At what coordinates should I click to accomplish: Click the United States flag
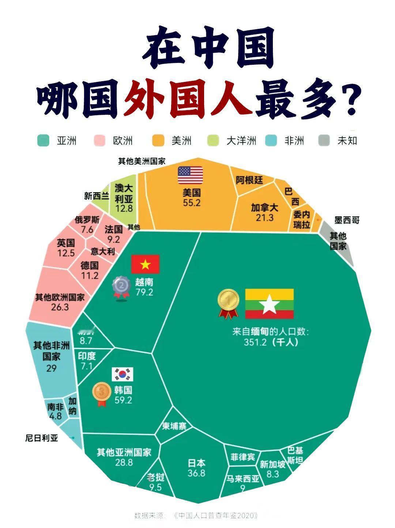pos(190,175)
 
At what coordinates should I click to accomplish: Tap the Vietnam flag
pos(145,264)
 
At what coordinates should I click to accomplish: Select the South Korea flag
pos(122,374)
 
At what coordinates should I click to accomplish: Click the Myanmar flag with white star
pos(269,304)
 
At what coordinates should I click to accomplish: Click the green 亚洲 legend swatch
pos(43,141)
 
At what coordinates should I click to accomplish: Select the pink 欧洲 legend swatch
pos(99,141)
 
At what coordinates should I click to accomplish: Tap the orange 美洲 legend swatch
pos(158,141)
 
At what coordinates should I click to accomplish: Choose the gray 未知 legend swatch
pos(324,141)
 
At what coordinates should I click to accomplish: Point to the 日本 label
pos(196,463)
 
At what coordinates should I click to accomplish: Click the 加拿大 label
pos(264,208)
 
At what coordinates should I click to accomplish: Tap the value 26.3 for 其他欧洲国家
pos(60,307)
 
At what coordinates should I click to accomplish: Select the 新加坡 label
pos(272,464)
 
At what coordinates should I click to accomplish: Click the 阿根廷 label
pos(249,180)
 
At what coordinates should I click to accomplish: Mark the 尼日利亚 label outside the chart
pos(42,438)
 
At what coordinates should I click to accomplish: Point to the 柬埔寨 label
pos(174,426)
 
